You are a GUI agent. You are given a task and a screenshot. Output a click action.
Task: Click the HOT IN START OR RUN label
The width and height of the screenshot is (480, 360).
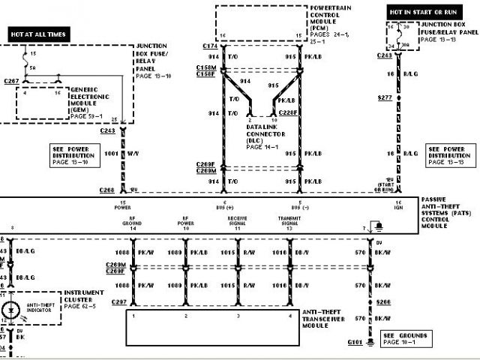(418, 13)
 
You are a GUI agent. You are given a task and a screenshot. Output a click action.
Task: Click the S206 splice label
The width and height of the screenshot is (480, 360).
(384, 302)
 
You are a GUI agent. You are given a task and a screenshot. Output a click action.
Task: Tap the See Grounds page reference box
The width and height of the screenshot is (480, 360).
(409, 338)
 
